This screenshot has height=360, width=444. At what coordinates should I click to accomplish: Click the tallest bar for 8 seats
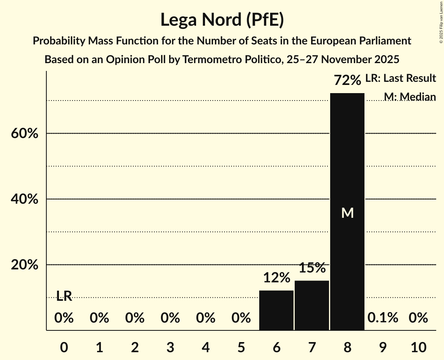[347, 212]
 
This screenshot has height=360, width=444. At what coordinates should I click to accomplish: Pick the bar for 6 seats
[276, 310]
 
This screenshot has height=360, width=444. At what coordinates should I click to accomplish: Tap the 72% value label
[347, 81]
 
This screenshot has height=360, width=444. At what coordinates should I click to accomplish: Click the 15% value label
[312, 268]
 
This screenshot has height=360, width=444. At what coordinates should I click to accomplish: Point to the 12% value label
[276, 278]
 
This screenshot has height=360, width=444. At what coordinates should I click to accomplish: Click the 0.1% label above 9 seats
[383, 318]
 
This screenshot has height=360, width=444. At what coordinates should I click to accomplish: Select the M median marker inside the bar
[347, 213]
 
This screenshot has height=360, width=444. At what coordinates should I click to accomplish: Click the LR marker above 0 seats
[64, 296]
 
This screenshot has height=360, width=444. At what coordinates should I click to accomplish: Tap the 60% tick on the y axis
[24, 134]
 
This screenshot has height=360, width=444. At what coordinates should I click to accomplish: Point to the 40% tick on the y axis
[24, 199]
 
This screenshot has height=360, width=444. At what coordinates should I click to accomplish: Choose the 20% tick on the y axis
[24, 265]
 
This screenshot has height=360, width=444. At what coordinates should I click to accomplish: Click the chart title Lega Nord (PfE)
[222, 20]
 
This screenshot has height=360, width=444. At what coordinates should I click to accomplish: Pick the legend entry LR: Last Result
[400, 78]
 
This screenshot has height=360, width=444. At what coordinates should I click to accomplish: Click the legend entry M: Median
[409, 97]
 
